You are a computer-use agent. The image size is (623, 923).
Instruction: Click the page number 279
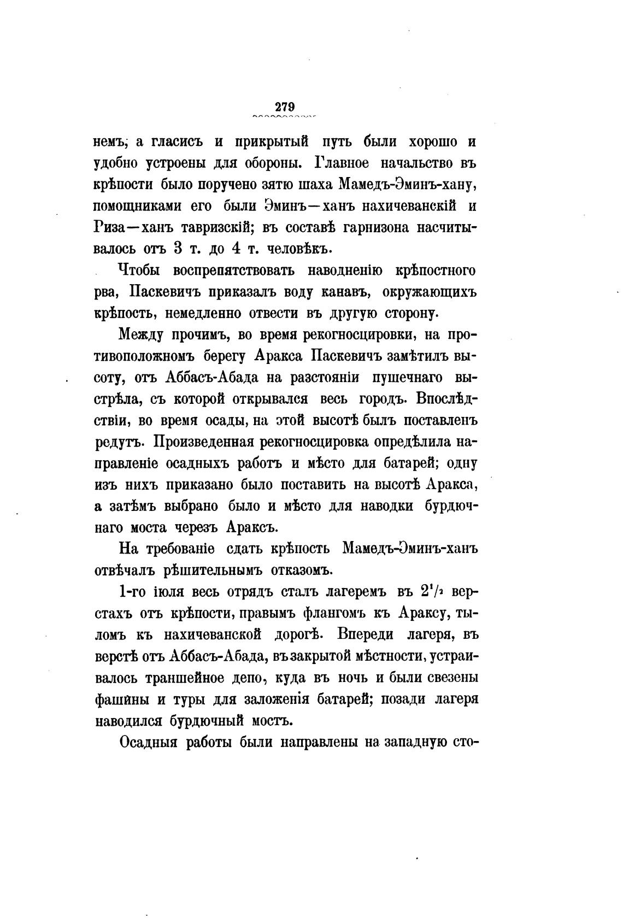pos(285,106)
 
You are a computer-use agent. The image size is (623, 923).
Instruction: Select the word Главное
pos(344,163)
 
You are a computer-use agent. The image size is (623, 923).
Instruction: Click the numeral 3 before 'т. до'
pos(177,249)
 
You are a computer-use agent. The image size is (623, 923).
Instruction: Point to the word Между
pos(141,334)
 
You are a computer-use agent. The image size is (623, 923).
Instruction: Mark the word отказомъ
pos(301,571)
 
